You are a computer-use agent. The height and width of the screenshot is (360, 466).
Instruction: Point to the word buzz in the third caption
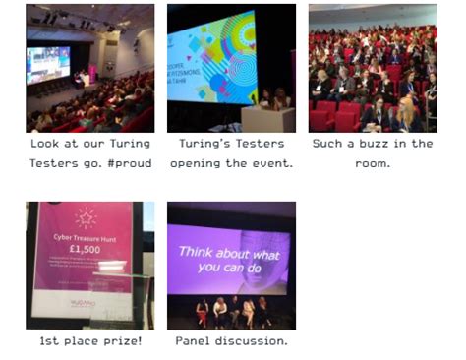[x=367, y=144]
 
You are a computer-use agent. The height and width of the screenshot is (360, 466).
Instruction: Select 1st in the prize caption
[x=50, y=340]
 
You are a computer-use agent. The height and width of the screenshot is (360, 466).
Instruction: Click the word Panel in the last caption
[x=193, y=340]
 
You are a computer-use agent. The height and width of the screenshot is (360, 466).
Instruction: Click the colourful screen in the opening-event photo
[x=210, y=59]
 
